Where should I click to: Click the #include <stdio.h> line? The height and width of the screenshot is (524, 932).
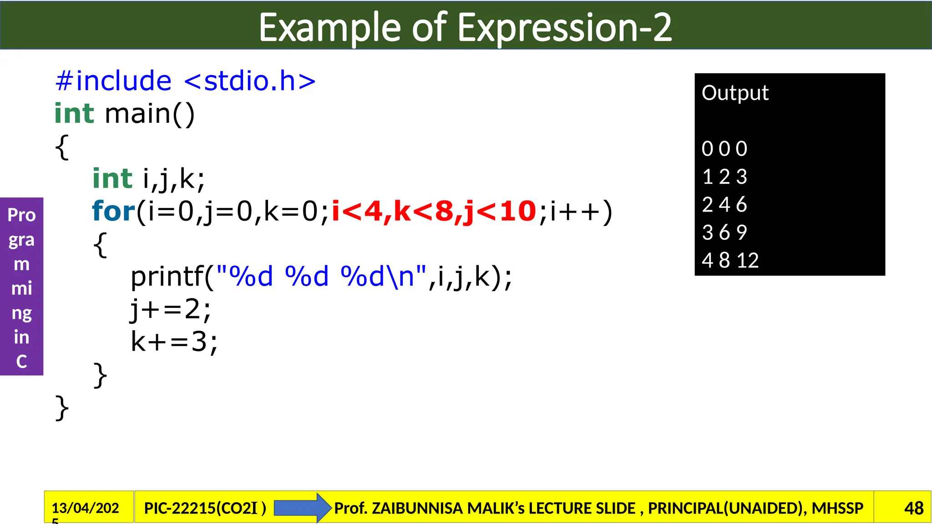pyautogui.click(x=185, y=81)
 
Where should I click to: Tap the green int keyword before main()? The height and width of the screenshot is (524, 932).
pyautogui.click(x=74, y=113)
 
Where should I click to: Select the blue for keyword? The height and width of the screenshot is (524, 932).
pyautogui.click(x=113, y=212)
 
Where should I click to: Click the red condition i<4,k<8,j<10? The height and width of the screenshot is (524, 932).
pyautogui.click(x=434, y=212)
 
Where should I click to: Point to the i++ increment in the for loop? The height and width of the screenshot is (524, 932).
pyautogui.click(x=575, y=212)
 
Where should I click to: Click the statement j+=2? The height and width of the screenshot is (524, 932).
pyautogui.click(x=171, y=309)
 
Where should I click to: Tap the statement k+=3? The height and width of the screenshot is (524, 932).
pyautogui.click(x=174, y=342)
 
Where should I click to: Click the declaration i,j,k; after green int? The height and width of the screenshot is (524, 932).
pyautogui.click(x=174, y=178)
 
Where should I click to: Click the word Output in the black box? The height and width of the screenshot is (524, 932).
pyautogui.click(x=735, y=93)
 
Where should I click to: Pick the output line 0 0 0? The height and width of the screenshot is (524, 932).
pyautogui.click(x=724, y=149)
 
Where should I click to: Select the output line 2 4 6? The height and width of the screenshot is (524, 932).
pyautogui.click(x=724, y=205)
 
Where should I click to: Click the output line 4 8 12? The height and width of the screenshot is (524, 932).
pyautogui.click(x=730, y=261)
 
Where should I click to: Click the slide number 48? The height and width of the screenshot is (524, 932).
pyautogui.click(x=913, y=508)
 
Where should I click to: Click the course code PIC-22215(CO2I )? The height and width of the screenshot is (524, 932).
pyautogui.click(x=205, y=508)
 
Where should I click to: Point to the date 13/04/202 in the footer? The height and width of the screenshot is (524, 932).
pyautogui.click(x=85, y=508)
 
